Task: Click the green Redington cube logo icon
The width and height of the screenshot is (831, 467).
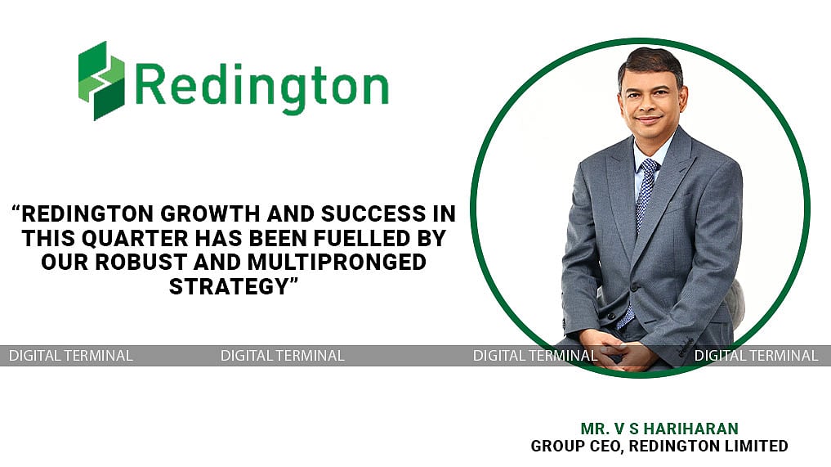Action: tap(101, 80)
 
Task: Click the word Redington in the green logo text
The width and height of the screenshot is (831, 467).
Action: tap(261, 84)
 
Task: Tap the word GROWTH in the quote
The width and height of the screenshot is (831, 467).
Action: tap(179, 215)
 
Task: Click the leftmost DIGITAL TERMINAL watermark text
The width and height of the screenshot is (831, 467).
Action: tap(70, 356)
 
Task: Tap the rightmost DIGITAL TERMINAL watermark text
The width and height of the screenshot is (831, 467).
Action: tap(756, 356)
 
